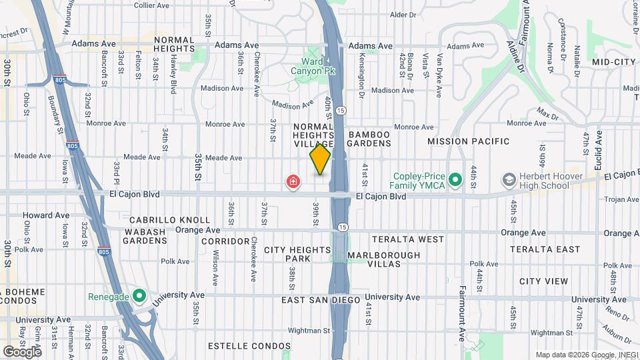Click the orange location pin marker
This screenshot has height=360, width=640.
click(x=320, y=160)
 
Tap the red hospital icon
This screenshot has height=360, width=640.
click(x=292, y=181)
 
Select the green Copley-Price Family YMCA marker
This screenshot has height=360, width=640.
click(x=455, y=179)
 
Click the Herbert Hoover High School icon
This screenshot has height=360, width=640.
click(x=510, y=179)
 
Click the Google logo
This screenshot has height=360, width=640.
click(x=22, y=351)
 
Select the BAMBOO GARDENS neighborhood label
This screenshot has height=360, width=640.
click(x=369, y=139)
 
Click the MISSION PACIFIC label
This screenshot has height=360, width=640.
click(x=468, y=141)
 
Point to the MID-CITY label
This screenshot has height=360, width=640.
click(x=614, y=62)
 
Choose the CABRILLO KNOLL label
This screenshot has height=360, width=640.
click(x=169, y=220)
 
